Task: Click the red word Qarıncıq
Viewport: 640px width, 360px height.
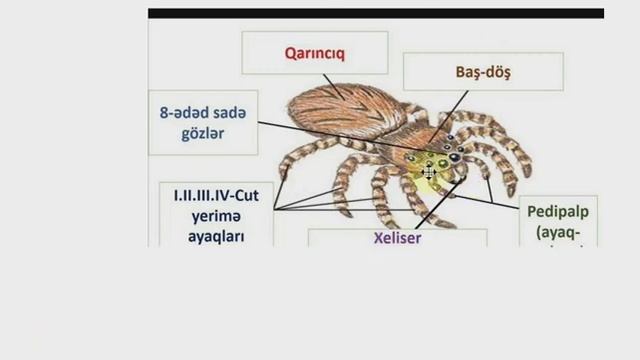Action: coord(314,52)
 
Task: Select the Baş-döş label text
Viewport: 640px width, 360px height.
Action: coord(483,71)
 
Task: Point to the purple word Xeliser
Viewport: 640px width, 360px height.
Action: coord(397,240)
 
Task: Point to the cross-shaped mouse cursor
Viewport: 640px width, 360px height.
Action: coord(430,172)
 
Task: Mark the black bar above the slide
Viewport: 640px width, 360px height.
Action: coord(375,14)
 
